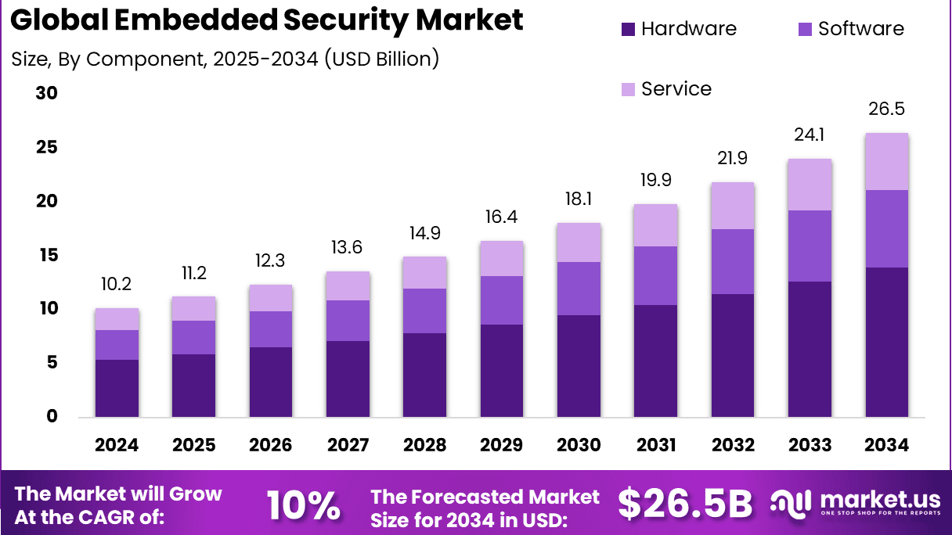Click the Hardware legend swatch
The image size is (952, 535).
(628, 30)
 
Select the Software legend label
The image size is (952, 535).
(860, 30)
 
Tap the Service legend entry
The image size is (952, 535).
(676, 89)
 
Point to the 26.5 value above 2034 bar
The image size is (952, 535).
(887, 108)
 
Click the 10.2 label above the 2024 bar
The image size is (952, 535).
(117, 284)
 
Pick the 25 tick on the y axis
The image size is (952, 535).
(47, 148)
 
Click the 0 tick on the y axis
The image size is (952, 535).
(52, 417)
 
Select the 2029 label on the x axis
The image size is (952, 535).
(502, 445)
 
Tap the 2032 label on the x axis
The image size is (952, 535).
(733, 445)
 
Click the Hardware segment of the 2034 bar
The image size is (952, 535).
(887, 342)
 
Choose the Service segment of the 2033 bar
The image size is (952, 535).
(810, 185)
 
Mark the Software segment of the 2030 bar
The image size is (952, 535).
(579, 289)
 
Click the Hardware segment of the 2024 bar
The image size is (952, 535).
(117, 388)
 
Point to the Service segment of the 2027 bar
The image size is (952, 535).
(348, 286)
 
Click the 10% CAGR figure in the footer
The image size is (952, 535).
(303, 505)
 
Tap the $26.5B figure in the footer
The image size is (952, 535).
(685, 504)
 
